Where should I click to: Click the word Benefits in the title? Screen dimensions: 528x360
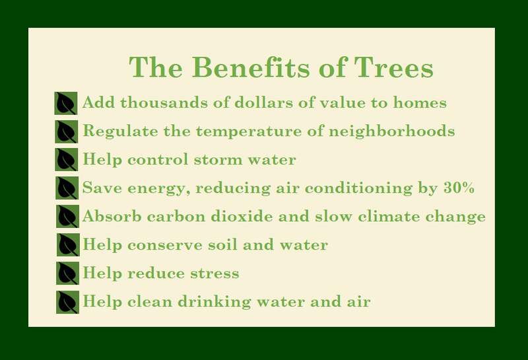(251, 67)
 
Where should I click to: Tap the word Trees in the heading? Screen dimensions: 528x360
(393, 67)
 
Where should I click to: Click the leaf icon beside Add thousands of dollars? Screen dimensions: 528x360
(66, 103)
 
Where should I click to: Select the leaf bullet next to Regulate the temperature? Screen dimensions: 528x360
(67, 131)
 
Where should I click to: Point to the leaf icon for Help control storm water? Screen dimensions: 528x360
(67, 159)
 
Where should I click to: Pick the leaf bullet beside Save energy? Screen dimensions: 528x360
(67, 188)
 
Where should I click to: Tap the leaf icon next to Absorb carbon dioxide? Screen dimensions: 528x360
(67, 216)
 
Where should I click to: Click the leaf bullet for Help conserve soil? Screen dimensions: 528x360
(68, 244)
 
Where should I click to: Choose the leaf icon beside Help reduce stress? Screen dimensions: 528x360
(68, 273)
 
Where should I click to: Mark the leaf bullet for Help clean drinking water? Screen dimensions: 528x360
(68, 303)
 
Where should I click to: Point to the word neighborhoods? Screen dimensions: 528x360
(392, 131)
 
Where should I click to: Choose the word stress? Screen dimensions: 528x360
(215, 273)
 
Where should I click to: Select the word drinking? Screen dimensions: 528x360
(214, 302)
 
